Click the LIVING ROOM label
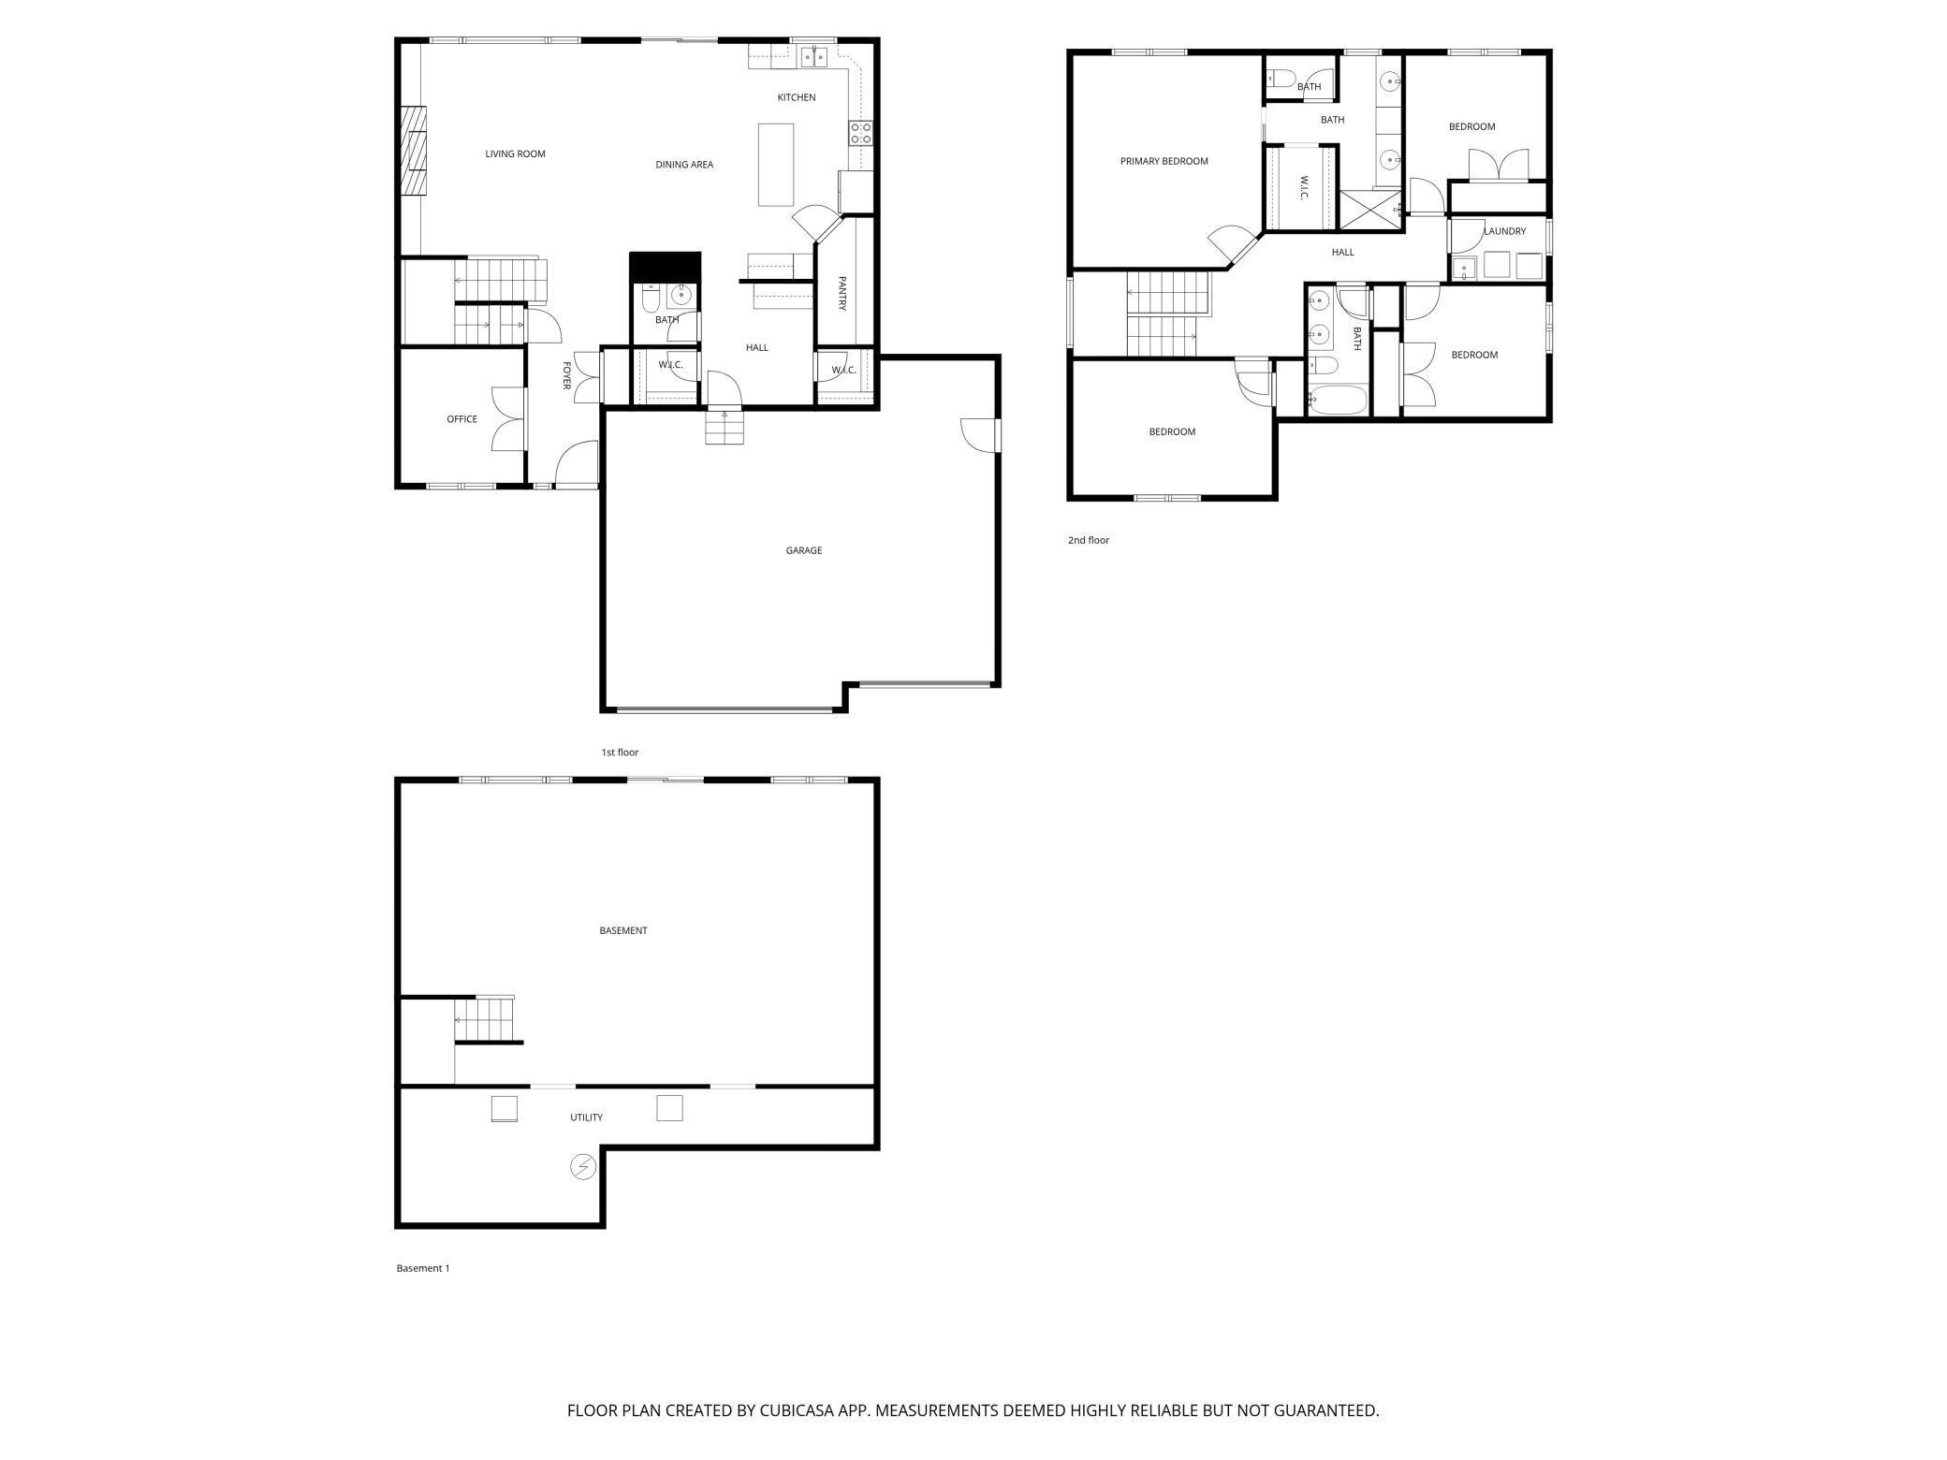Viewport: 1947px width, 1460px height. click(x=515, y=153)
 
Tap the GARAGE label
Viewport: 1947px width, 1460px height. click(x=803, y=550)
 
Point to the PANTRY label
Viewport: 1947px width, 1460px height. click(x=842, y=293)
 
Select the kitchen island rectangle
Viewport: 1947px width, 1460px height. click(x=775, y=165)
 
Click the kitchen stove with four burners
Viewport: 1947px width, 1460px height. click(x=861, y=133)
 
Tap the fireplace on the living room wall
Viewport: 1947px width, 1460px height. click(x=414, y=150)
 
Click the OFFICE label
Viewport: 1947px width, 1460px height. click(x=461, y=419)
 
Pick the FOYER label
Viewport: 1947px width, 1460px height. click(x=566, y=375)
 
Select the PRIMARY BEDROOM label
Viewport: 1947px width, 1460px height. click(x=1164, y=161)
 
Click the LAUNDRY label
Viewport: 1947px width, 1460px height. click(x=1504, y=231)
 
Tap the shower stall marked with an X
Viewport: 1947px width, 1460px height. click(x=1370, y=210)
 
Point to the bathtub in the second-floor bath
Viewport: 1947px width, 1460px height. click(x=1337, y=400)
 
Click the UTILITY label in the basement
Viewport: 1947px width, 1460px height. click(x=586, y=1117)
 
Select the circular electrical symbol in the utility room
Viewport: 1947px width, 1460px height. click(x=582, y=1167)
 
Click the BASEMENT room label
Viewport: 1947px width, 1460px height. click(x=623, y=930)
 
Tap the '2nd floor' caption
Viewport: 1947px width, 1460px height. click(x=1088, y=540)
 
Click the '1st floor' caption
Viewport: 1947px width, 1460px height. click(x=620, y=752)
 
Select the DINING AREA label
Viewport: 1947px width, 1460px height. click(x=684, y=165)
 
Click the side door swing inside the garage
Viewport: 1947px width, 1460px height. click(x=979, y=436)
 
